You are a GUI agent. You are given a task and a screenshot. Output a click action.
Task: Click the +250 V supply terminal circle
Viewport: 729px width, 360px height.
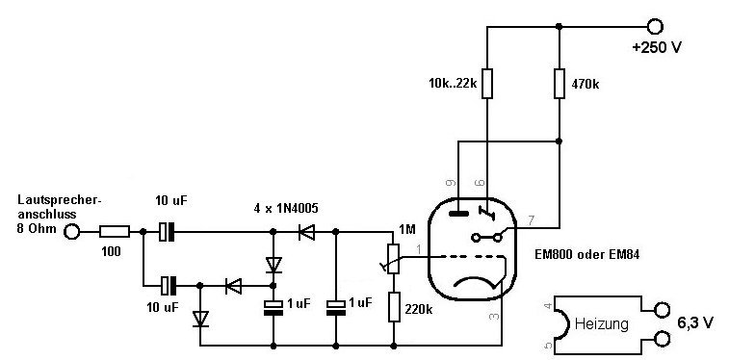(x=655, y=27)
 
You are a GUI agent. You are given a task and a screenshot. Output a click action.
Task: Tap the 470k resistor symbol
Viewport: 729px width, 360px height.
(x=560, y=84)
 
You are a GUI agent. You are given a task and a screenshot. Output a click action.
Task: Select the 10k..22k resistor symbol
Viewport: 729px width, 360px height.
(x=486, y=84)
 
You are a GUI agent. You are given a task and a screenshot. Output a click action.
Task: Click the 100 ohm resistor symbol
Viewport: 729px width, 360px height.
(x=115, y=231)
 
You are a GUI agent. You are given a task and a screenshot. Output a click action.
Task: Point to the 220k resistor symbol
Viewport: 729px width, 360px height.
(x=394, y=307)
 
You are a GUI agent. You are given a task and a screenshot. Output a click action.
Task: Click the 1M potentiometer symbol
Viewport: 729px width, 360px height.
(x=392, y=259)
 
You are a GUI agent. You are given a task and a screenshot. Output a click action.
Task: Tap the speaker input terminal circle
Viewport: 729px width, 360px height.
(x=71, y=231)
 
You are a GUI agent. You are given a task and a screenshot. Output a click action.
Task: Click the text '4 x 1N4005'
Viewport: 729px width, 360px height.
(x=286, y=209)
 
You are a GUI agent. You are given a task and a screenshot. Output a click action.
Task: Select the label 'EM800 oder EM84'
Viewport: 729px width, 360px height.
(x=587, y=254)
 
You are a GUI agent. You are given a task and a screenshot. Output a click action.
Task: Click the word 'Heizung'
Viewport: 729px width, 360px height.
(x=602, y=323)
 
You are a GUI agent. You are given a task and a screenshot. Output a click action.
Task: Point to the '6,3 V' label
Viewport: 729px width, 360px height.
(x=694, y=323)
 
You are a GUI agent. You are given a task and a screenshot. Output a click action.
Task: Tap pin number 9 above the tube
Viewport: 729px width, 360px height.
(x=450, y=183)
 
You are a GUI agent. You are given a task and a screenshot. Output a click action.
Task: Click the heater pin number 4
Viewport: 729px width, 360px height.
(x=548, y=306)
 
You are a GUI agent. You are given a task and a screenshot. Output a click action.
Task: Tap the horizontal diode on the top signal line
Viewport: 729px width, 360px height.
(x=307, y=231)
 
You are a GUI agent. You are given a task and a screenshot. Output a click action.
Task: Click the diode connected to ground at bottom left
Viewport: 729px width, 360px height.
(x=200, y=319)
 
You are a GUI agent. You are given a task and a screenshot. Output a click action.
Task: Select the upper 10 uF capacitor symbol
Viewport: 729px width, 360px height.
(x=167, y=231)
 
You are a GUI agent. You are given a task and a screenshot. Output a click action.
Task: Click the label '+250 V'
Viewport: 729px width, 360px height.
(x=657, y=47)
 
